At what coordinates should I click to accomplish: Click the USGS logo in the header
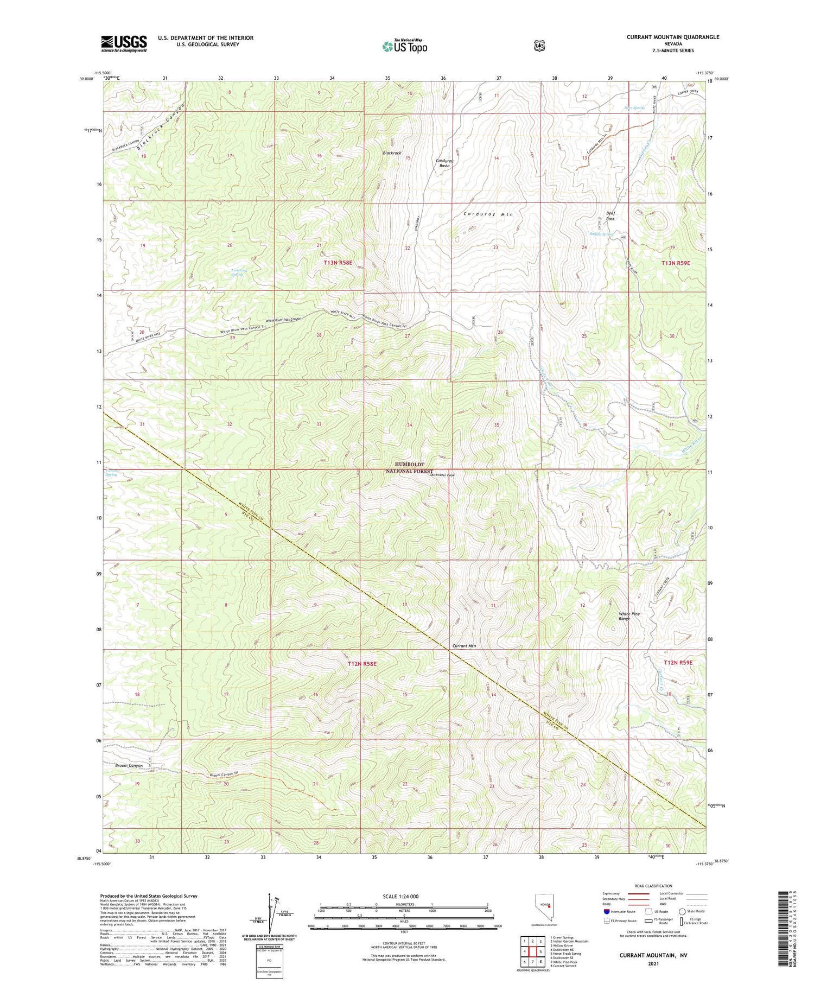pyautogui.click(x=124, y=43)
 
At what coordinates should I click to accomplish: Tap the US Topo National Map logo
pyautogui.click(x=404, y=46)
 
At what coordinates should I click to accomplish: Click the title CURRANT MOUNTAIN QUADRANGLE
pyautogui.click(x=673, y=37)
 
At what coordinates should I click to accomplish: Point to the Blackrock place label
pyautogui.click(x=392, y=153)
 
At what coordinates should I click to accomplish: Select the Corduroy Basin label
pyautogui.click(x=444, y=163)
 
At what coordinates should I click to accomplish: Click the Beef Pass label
pyautogui.click(x=610, y=215)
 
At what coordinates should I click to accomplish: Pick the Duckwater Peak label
pyautogui.click(x=442, y=475)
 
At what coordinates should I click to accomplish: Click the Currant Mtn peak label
pyautogui.click(x=464, y=646)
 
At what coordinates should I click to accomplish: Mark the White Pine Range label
pyautogui.click(x=629, y=616)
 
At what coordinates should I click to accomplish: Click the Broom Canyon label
pyautogui.click(x=129, y=765)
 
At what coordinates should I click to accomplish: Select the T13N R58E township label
pyautogui.click(x=338, y=263)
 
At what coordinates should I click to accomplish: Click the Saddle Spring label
pyautogui.click(x=601, y=234)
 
